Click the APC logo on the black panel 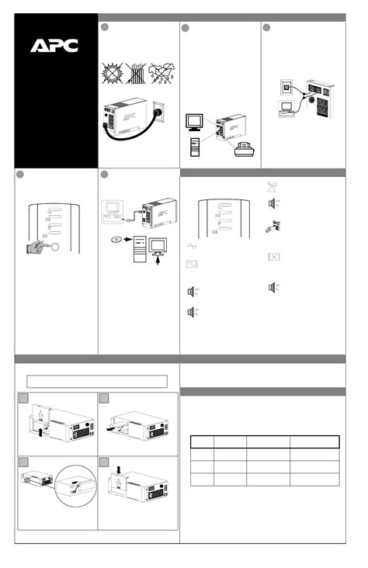click(54, 46)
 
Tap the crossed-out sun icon click(112, 73)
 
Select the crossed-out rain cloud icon click(161, 74)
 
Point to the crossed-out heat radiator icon click(136, 74)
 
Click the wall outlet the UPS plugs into click(158, 112)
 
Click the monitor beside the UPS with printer click(194, 123)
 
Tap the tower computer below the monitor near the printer click(195, 147)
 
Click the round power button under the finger click(55, 247)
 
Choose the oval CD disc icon click(116, 240)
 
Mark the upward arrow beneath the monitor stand click(158, 261)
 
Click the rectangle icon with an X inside click(274, 257)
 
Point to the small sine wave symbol click(192, 246)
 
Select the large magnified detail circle click(76, 486)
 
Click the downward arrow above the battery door click(120, 469)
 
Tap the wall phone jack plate click(286, 87)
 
